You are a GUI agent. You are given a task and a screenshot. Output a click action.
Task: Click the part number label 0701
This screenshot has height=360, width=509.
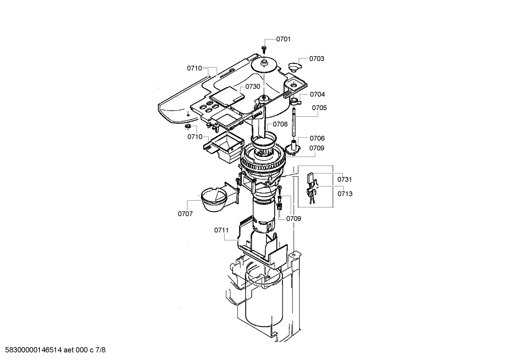point(283,39)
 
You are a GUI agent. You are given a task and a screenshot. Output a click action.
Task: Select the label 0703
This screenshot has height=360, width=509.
point(317,59)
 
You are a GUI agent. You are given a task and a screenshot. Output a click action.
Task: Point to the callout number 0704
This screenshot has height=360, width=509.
point(317,94)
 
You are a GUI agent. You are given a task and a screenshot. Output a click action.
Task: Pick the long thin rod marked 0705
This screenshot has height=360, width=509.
point(294,122)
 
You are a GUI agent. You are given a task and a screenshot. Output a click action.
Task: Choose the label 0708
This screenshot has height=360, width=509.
point(280,124)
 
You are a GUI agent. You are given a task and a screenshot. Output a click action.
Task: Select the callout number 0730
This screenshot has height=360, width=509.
point(253,87)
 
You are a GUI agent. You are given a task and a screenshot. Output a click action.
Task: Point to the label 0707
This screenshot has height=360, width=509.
point(185,214)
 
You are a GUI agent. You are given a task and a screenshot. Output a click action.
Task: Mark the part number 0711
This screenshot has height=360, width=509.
point(221,230)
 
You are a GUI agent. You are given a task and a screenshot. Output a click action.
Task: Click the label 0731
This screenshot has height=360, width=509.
point(345,179)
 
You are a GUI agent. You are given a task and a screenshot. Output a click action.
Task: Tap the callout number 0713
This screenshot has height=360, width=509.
point(345,194)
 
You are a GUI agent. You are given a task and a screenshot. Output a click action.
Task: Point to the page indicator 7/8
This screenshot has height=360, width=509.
point(101,350)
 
